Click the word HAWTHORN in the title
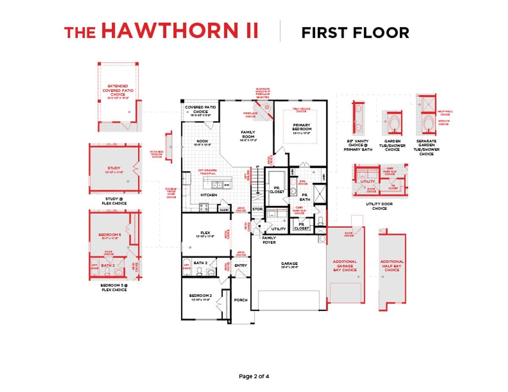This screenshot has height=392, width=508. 180,31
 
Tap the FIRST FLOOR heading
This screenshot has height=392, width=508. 355,33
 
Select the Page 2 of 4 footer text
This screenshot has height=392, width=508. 254,376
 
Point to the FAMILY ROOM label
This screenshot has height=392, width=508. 248,134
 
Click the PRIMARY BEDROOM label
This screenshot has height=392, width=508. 302,127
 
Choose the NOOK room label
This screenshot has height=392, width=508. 202,141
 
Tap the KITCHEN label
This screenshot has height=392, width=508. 209,195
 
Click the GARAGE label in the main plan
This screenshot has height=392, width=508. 289,263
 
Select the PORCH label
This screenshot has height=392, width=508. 240,300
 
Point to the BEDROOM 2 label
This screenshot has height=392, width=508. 200,295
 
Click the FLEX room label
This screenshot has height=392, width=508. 206,233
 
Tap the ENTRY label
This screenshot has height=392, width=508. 240,266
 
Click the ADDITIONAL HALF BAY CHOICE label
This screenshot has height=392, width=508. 392,266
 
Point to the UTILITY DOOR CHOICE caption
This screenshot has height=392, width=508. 379,206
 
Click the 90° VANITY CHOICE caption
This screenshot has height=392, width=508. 358,145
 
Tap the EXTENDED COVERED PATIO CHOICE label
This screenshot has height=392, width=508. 118,90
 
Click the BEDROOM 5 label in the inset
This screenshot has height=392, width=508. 110,234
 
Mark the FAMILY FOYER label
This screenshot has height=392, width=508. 269,240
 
